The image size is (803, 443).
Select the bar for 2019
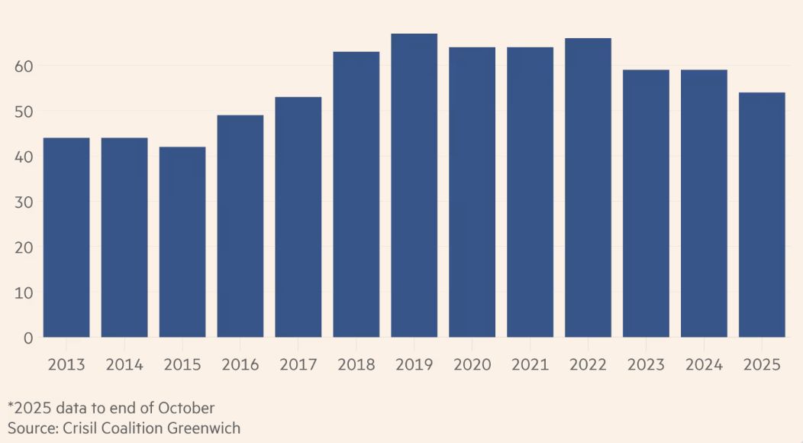coord(414,186)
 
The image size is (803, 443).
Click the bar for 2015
coord(182,242)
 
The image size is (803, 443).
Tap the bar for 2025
coord(762,215)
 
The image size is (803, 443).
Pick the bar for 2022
coord(588,188)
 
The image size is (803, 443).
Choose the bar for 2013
coord(66,238)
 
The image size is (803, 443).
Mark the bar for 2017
coord(298,217)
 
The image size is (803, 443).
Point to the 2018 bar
coord(356,195)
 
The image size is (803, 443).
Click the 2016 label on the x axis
coord(240,364)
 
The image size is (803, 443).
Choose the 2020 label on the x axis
coord(472,364)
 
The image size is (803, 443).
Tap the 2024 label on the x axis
coord(704,364)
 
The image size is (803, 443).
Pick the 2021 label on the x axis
coord(530,364)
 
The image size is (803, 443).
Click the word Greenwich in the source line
coord(207,428)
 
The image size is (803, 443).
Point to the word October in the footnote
coord(189,408)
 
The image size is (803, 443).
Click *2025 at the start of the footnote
coord(28,408)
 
